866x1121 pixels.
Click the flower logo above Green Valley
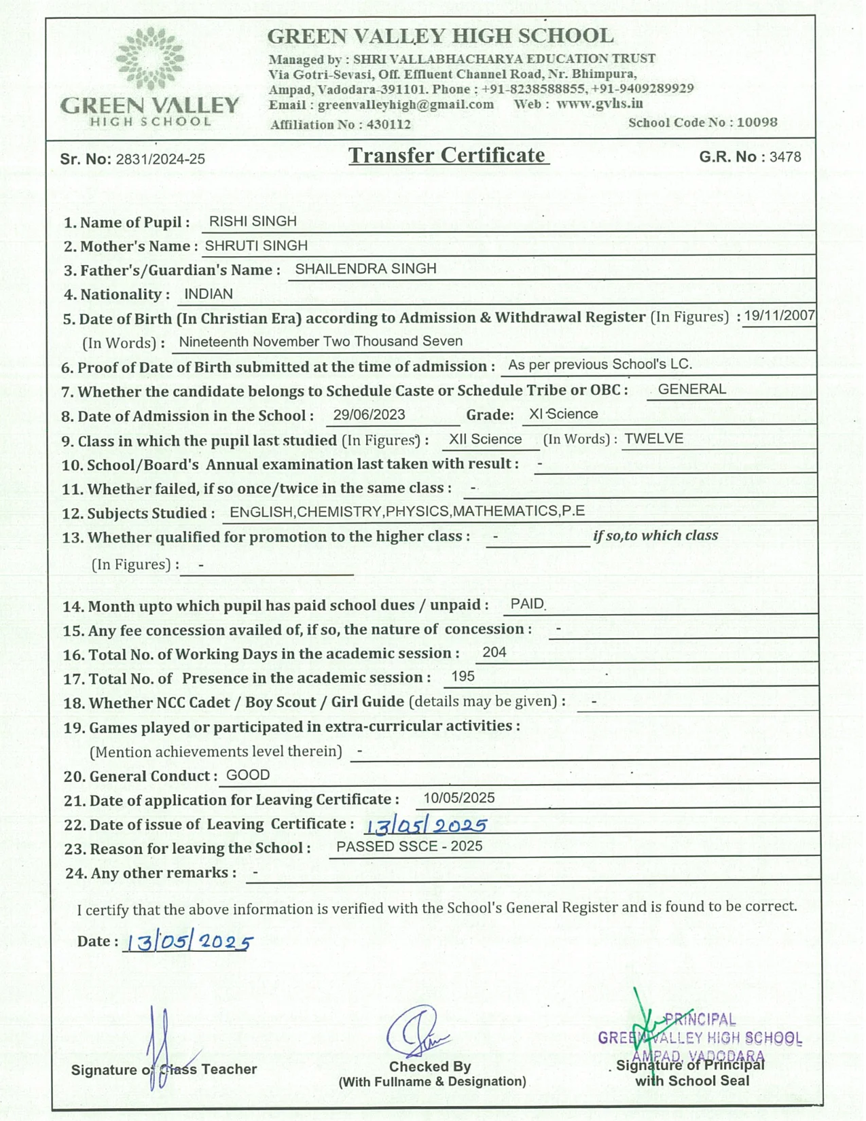[x=150, y=59]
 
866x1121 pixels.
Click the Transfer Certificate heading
[x=448, y=156]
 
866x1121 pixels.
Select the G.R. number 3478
[x=785, y=157]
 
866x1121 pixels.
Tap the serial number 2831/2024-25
[x=160, y=160]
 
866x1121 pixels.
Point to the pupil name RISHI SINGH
[x=253, y=221]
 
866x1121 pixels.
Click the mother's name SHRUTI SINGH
[x=256, y=245]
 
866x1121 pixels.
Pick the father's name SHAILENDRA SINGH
[x=365, y=269]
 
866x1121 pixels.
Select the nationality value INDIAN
[x=209, y=294]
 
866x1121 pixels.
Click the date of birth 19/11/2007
[x=779, y=316]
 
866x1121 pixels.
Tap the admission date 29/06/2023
[x=369, y=415]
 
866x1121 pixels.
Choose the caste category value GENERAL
[x=692, y=389]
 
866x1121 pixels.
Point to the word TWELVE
[x=653, y=439]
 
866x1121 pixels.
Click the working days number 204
[x=494, y=652]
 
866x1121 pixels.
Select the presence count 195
[x=463, y=677]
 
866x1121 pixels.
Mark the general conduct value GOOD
[x=248, y=775]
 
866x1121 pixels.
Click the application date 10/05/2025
[x=458, y=798]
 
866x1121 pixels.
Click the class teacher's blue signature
[x=160, y=1046]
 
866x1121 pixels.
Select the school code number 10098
[x=757, y=123]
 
